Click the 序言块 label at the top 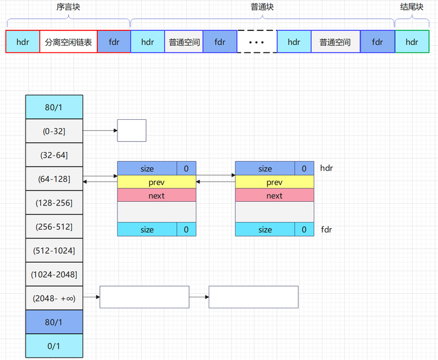click(x=68, y=7)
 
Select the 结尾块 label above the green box click(x=412, y=7)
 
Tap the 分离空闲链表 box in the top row click(x=68, y=42)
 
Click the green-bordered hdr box click(x=412, y=42)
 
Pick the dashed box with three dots click(x=257, y=42)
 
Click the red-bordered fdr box click(x=114, y=42)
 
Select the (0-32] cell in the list click(x=54, y=131)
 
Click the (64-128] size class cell click(x=54, y=179)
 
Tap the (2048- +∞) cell click(x=54, y=297)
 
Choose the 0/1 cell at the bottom click(x=54, y=345)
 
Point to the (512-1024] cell click(x=54, y=250)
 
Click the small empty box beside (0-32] click(x=131, y=131)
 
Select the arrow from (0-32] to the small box click(x=99, y=131)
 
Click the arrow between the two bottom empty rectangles click(x=199, y=297)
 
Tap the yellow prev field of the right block click(x=274, y=182)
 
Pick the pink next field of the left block click(x=156, y=195)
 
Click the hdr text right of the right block click(x=327, y=168)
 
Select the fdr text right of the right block click(x=326, y=230)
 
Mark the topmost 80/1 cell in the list click(x=54, y=107)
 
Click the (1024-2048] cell click(x=54, y=274)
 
